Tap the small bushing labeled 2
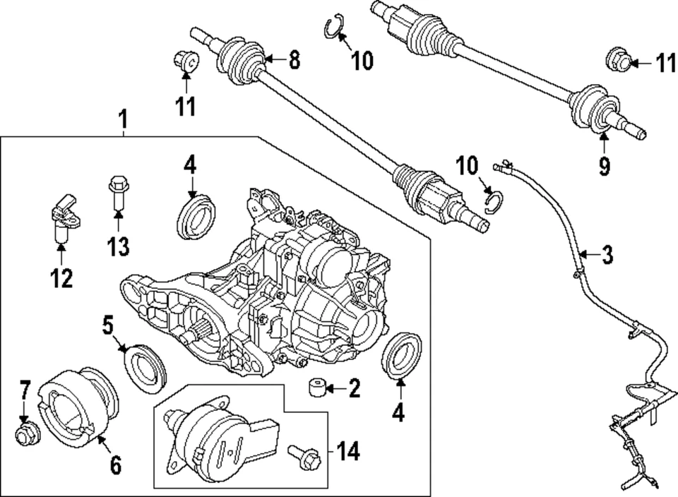tap(316, 388)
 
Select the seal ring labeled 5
tap(145, 366)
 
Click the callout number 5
tap(107, 325)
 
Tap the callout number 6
tap(115, 465)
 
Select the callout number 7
tap(25, 389)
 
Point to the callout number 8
tap(292, 61)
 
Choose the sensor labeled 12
tap(63, 214)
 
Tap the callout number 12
tap(61, 278)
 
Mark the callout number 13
tap(118, 246)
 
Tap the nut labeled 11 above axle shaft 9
tap(618, 63)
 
